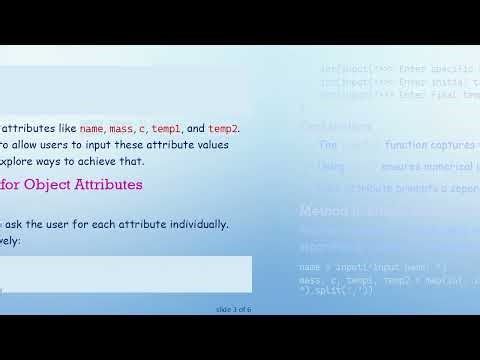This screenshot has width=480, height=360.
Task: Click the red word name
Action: point(91,129)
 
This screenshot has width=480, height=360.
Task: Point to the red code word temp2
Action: point(223,129)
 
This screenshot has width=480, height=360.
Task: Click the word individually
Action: point(200,224)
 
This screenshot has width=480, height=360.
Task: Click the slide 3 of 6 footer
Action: point(233,309)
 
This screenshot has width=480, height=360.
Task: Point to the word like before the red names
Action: point(64,129)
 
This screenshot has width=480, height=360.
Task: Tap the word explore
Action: point(20,161)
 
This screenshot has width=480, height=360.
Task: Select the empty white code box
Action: point(125,276)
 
